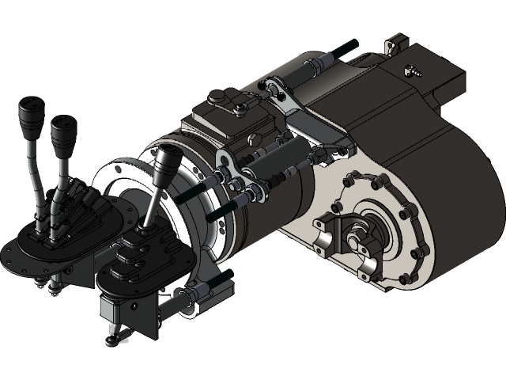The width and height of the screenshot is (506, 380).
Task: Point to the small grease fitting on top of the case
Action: (412, 69)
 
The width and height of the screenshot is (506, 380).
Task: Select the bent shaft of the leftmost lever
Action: (36, 166)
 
